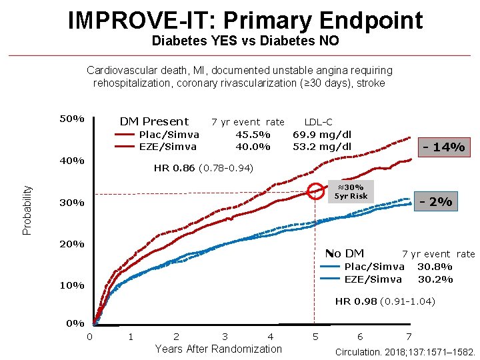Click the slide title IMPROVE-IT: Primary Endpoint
click(245, 21)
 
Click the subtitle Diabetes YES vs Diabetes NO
click(245, 41)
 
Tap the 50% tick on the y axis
click(72, 119)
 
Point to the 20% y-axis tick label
click(72, 244)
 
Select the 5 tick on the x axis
click(315, 337)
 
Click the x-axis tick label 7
click(409, 337)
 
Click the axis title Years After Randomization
click(218, 349)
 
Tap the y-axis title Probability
click(27, 209)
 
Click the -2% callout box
click(436, 201)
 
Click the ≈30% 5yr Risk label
click(351, 191)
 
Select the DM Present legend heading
click(154, 121)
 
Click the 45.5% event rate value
click(253, 134)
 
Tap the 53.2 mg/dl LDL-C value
click(322, 147)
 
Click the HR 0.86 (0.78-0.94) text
click(203, 168)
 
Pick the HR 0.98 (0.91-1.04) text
click(385, 301)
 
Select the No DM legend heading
click(344, 253)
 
